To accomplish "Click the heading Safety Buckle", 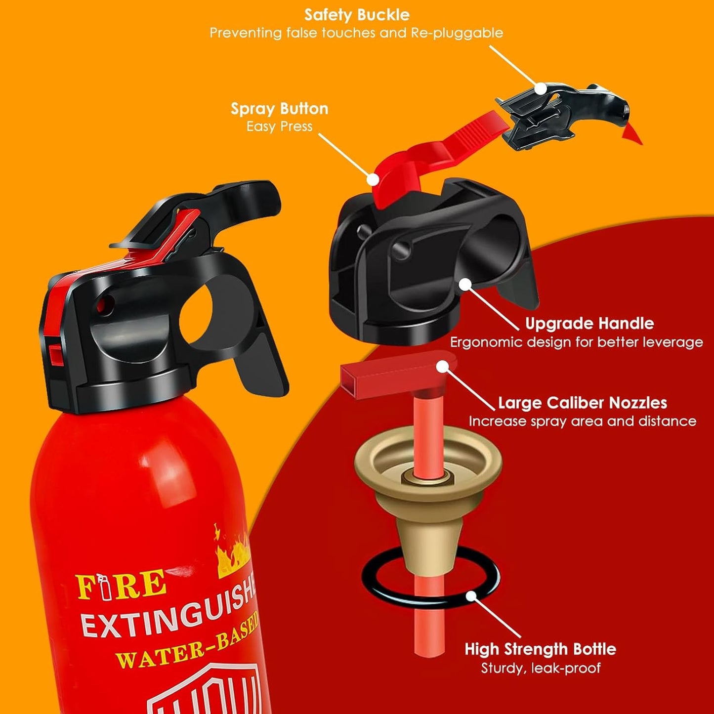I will pyautogui.click(x=356, y=15).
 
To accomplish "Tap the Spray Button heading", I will pyautogui.click(x=279, y=109).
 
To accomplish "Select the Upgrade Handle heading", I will pyautogui.click(x=589, y=324).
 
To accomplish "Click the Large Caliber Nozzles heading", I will pyautogui.click(x=582, y=403).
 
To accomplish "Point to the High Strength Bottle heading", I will pyautogui.click(x=540, y=649).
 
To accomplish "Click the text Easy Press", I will pyautogui.click(x=279, y=126).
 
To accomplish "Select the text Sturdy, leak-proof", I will pyautogui.click(x=541, y=668).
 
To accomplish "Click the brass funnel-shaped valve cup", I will pyautogui.click(x=428, y=494).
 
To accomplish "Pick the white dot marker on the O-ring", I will pyautogui.click(x=471, y=596).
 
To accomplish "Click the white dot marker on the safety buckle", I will pyautogui.click(x=541, y=88).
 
